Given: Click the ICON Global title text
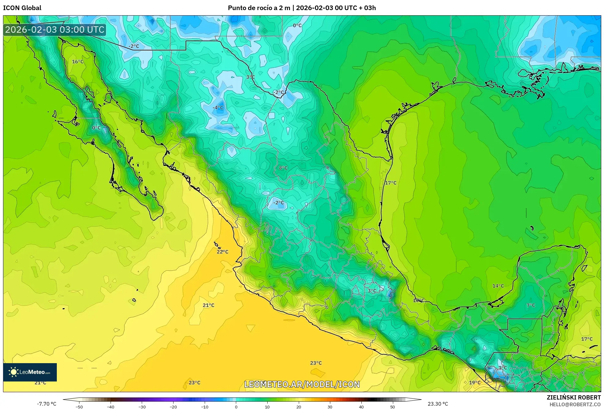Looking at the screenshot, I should click(22, 8).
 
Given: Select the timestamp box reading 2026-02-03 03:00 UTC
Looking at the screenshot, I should click(55, 30).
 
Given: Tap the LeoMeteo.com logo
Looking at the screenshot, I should click(30, 372).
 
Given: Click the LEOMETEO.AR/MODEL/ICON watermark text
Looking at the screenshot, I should click(302, 384).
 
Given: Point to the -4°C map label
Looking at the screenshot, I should click(218, 108).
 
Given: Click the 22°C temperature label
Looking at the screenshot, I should click(222, 252).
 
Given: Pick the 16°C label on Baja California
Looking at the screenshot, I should click(78, 62).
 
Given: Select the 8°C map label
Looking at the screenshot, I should click(283, 168).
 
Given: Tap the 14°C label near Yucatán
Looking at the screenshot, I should click(498, 286).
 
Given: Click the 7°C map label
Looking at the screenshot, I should click(531, 305).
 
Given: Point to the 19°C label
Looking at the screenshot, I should click(475, 383).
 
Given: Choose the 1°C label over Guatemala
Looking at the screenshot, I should click(503, 368).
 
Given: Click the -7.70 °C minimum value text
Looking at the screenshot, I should click(47, 404).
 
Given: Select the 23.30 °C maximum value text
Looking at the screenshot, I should click(438, 404).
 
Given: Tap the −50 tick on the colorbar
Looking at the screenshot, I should click(79, 407).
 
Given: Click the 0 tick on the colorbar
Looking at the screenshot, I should click(236, 407).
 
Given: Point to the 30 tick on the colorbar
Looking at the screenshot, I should click(330, 407).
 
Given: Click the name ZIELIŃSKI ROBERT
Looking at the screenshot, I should click(573, 397).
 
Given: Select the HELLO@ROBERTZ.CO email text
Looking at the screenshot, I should click(575, 404).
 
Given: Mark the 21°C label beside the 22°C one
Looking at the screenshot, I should click(208, 305).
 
